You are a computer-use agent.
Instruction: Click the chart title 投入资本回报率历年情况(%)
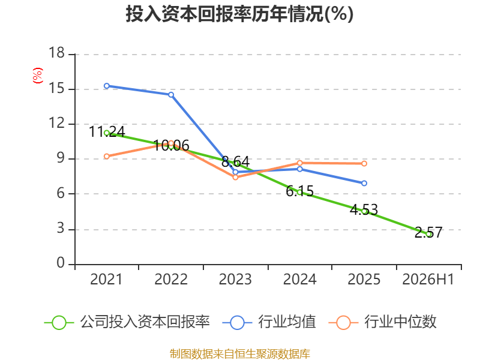tap(239, 14)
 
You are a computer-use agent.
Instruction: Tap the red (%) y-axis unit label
tap(38, 76)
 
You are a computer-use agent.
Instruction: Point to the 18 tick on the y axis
tap(56, 53)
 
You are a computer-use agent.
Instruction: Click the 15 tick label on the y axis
tap(56, 88)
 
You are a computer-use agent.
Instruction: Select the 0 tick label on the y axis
tap(61, 263)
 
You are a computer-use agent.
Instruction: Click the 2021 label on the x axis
tap(106, 280)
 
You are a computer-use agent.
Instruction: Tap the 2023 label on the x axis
tap(235, 280)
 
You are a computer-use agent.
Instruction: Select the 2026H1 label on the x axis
tap(428, 280)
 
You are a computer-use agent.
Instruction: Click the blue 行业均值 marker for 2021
tap(107, 86)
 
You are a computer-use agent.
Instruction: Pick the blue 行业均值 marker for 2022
tap(171, 95)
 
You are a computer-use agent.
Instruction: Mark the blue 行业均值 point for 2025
tap(364, 184)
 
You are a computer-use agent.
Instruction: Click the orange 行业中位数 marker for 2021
tap(107, 157)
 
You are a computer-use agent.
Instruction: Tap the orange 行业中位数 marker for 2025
tap(364, 164)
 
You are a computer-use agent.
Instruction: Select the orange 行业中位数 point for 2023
tap(235, 177)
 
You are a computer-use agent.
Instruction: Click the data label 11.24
tap(107, 132)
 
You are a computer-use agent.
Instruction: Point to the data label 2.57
tap(428, 233)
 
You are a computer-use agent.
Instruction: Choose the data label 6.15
tap(299, 191)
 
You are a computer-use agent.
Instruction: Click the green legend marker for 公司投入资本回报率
tap(59, 323)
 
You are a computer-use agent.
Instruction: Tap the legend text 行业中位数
tap(400, 322)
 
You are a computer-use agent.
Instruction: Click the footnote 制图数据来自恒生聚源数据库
tap(240, 354)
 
